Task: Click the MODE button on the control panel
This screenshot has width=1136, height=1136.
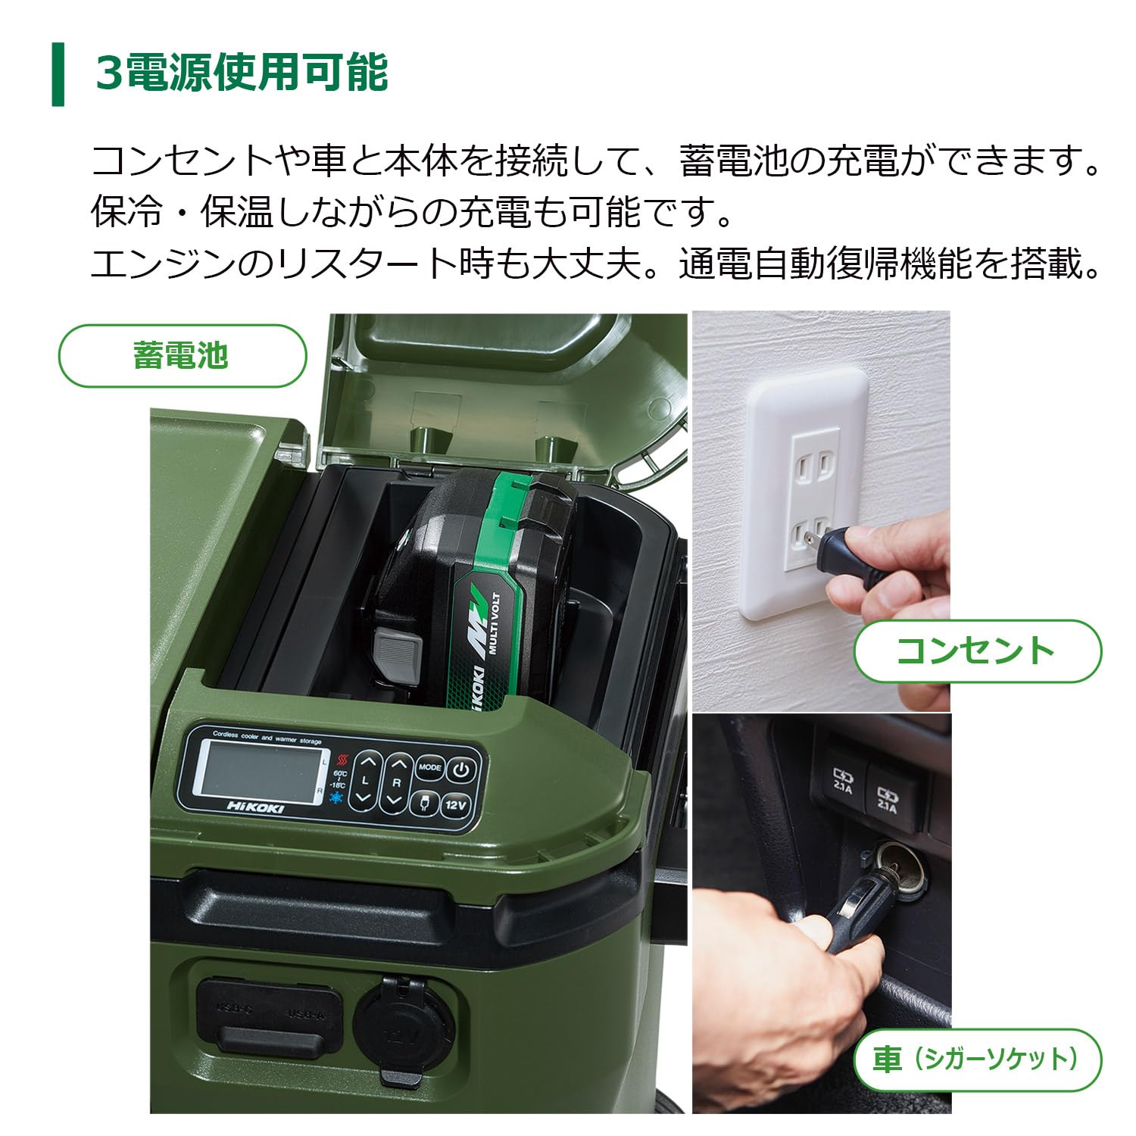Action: [429, 766]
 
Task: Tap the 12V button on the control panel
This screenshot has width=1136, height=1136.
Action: [455, 805]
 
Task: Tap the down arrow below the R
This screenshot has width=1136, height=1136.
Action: [394, 799]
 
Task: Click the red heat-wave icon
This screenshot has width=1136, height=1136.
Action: [343, 759]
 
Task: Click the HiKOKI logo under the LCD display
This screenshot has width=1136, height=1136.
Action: [256, 807]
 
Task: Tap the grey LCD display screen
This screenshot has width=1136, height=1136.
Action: [257, 766]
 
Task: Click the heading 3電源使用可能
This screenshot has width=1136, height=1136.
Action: [242, 73]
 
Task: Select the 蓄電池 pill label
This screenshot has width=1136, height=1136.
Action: [182, 356]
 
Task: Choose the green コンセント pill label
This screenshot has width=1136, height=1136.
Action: [977, 651]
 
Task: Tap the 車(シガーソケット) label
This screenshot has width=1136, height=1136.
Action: [977, 1059]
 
